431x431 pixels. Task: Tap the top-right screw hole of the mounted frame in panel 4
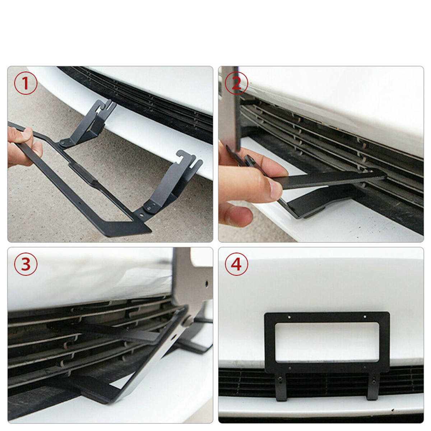coord(365,317)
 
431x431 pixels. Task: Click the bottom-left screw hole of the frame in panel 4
coord(290,368)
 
